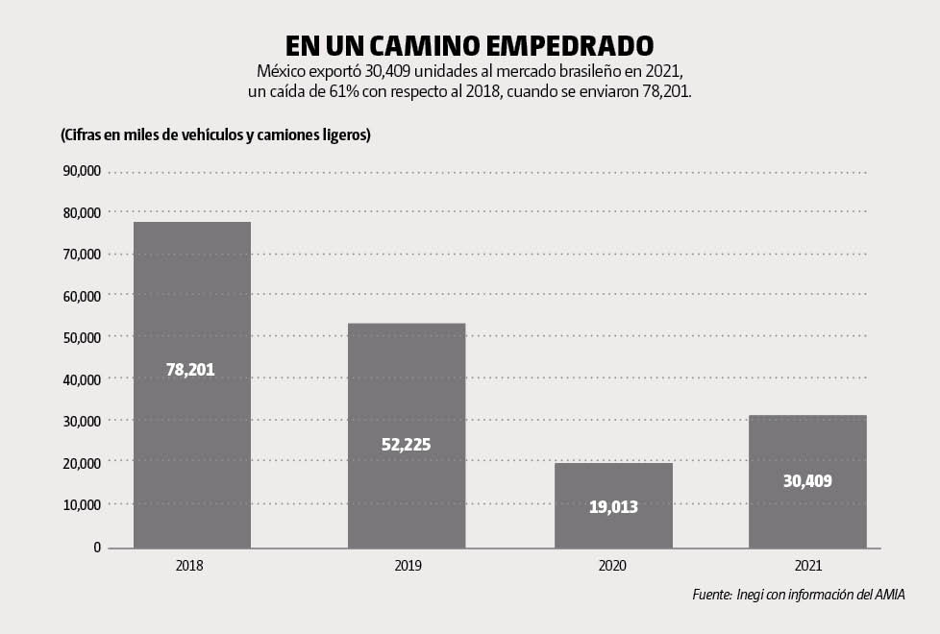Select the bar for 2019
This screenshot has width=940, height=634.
[x=407, y=384]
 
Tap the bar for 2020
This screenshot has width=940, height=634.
[x=613, y=480]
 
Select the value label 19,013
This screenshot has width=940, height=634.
[x=613, y=506]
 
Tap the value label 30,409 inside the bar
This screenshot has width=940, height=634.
[x=807, y=480]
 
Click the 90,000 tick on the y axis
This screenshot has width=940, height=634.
[x=80, y=171]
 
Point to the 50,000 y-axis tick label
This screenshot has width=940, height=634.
[x=80, y=337]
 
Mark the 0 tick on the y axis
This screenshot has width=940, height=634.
[x=97, y=547]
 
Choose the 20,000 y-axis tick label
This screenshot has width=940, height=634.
[x=80, y=463]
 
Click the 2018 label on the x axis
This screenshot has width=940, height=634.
[x=190, y=566]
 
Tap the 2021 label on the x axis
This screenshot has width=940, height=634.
[x=808, y=566]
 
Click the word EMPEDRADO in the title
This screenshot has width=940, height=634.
[x=567, y=45]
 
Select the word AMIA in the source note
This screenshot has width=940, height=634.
[x=890, y=595]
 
